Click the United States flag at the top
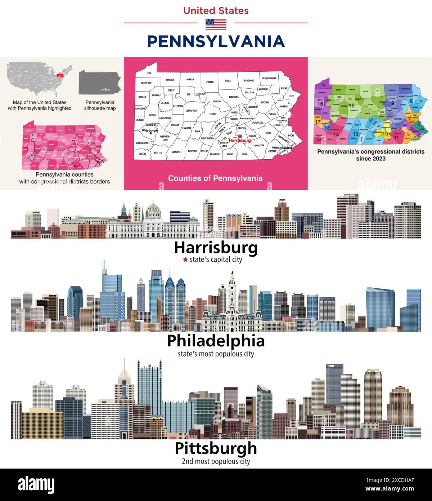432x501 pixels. [x=216, y=24]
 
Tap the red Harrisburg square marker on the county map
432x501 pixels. [x=240, y=136]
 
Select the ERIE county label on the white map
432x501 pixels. [x=149, y=73]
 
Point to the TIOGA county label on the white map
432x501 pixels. [x=228, y=81]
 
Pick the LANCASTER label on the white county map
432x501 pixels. [x=258, y=145]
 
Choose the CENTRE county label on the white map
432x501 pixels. [x=213, y=114]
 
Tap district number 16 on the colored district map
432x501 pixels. [x=320, y=104]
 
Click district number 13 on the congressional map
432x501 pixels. [x=355, y=134]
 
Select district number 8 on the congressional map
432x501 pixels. [x=411, y=101]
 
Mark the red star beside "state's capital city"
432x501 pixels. [x=185, y=260]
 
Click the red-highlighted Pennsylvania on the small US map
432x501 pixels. [x=58, y=76]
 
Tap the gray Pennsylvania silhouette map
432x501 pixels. [x=100, y=82]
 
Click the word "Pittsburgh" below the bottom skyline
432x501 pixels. [x=216, y=448]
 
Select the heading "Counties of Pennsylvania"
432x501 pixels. [x=215, y=178]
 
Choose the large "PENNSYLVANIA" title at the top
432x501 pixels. [x=216, y=41]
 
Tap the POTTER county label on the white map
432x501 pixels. [x=210, y=82]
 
